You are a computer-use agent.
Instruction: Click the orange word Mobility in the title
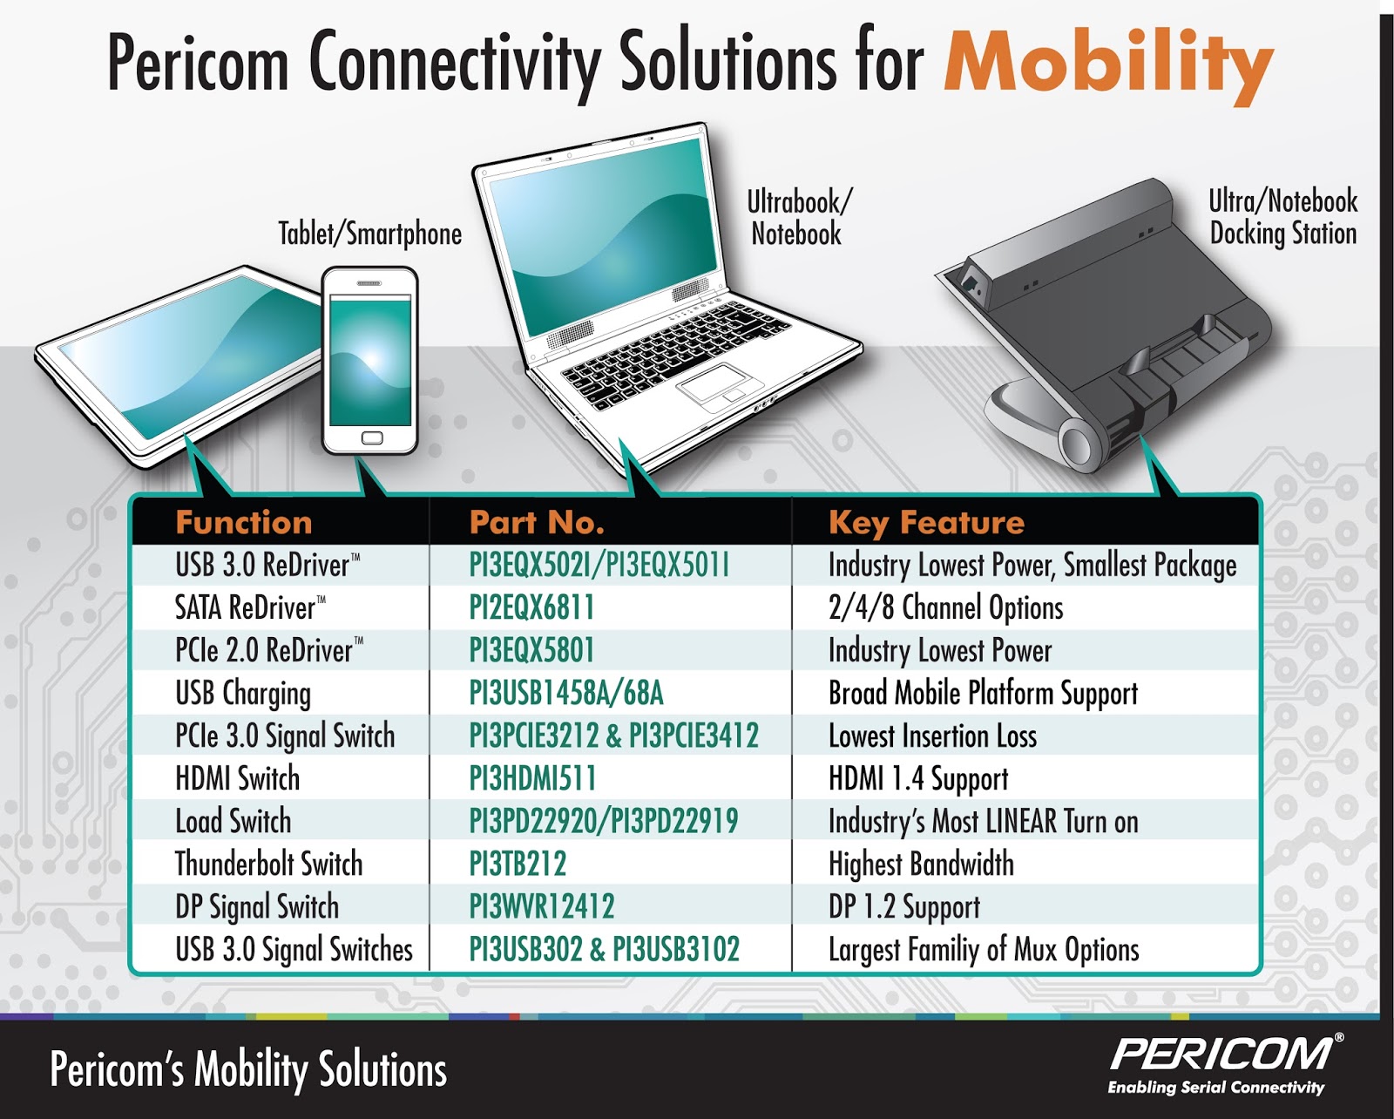click(x=1108, y=64)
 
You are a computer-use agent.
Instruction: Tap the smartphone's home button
click(x=372, y=437)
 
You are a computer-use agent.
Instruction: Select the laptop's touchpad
click(x=716, y=384)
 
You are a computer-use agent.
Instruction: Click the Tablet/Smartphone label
click(x=369, y=234)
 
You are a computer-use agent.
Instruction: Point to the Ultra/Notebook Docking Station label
click(x=1282, y=217)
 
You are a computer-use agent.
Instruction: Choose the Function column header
click(x=244, y=522)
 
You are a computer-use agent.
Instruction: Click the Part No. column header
click(x=537, y=522)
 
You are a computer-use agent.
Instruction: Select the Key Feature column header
click(x=926, y=522)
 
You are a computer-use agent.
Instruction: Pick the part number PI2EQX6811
click(x=531, y=607)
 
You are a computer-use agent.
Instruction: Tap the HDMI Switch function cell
click(x=237, y=778)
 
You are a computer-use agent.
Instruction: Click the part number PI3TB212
click(x=518, y=864)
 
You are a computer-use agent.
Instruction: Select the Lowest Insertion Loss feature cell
click(x=932, y=736)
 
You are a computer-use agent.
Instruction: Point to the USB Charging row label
click(x=243, y=694)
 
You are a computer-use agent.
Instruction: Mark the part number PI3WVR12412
click(x=541, y=906)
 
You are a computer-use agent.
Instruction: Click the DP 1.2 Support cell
click(x=904, y=907)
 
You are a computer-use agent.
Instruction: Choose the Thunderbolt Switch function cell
click(x=268, y=864)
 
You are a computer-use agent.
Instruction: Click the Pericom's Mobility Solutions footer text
click(x=248, y=1069)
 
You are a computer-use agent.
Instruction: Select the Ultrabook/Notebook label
click(x=798, y=218)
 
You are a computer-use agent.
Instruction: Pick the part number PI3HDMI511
click(x=532, y=778)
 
